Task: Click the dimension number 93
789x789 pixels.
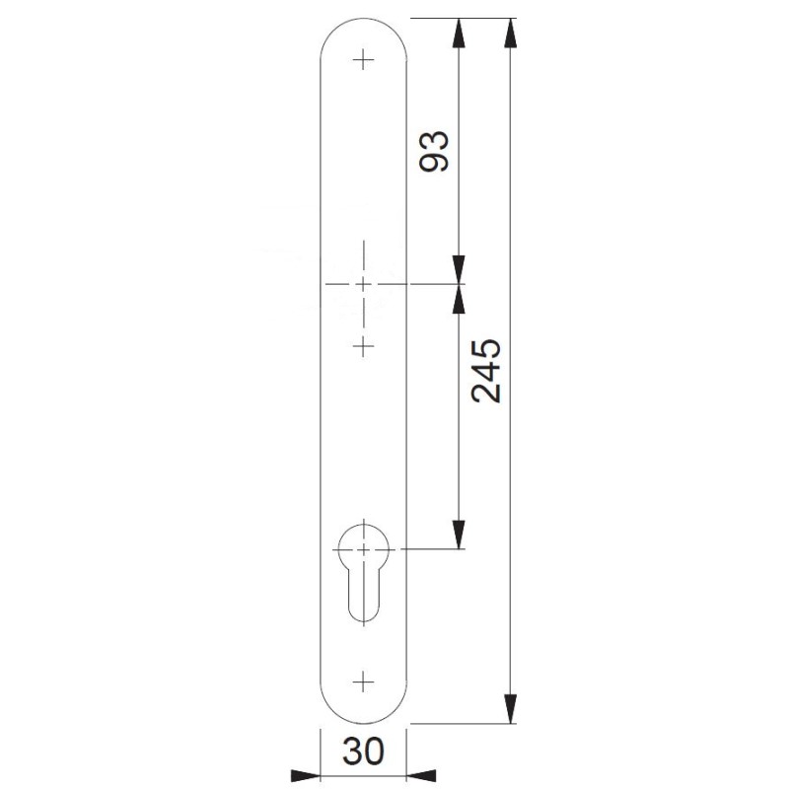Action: click(434, 151)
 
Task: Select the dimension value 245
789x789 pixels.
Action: click(486, 371)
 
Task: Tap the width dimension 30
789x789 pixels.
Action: click(363, 752)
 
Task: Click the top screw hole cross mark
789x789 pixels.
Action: click(363, 61)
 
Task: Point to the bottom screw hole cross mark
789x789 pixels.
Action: click(363, 682)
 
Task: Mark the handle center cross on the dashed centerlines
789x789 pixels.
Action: click(363, 284)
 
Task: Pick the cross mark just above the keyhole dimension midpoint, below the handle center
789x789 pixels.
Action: click(363, 346)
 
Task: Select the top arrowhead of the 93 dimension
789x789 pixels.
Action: click(458, 34)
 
